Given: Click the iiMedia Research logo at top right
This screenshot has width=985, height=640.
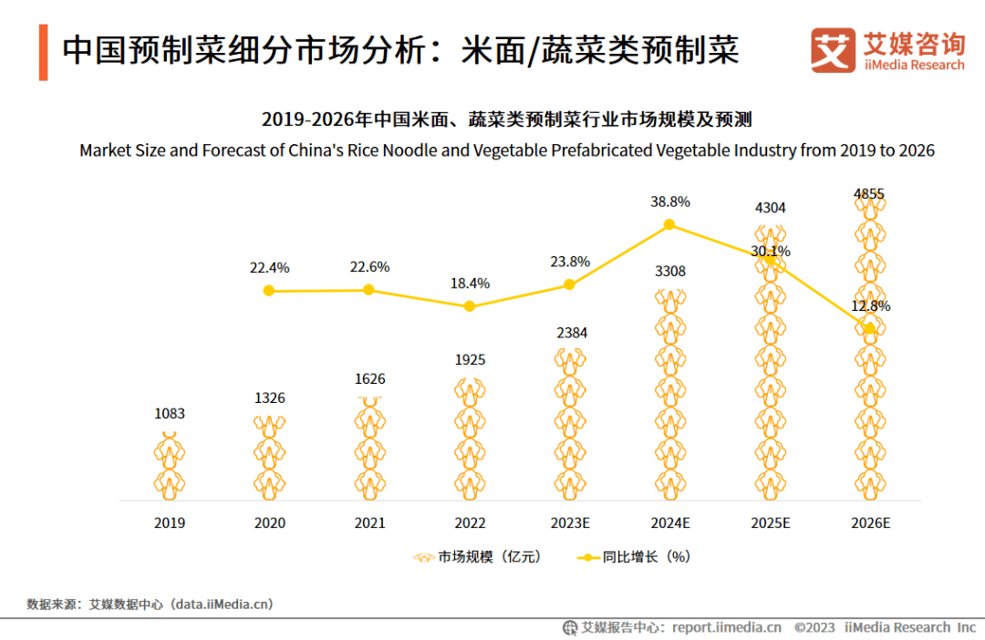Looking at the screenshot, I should point(886,50).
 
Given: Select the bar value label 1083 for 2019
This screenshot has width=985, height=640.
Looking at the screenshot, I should point(169,414).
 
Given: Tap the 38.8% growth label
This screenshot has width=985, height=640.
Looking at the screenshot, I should point(670,202).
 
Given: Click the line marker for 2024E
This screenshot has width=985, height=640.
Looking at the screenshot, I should point(669,224).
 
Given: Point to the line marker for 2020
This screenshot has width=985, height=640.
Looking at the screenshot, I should point(268,291).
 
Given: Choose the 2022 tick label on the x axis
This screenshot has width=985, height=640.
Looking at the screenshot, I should point(470,523).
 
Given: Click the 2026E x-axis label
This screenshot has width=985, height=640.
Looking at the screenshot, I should point(870,523).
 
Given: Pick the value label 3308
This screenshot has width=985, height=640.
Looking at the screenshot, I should point(670,272).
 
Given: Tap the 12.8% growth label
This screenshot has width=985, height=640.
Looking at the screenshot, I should point(870,306).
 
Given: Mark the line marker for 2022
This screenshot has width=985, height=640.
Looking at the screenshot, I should point(470,306).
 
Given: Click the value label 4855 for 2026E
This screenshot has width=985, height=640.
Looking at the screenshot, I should point(869,194).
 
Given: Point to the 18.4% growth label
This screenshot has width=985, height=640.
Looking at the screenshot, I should point(470,284).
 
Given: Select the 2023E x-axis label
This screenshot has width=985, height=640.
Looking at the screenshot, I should point(570,523).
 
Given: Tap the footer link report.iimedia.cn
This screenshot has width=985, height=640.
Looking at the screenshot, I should point(726,627).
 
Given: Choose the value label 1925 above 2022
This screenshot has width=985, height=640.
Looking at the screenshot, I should point(470,360).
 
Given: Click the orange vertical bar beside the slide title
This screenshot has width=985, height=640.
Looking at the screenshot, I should point(44,53).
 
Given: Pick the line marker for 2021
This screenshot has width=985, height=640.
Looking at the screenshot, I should point(368,290).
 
